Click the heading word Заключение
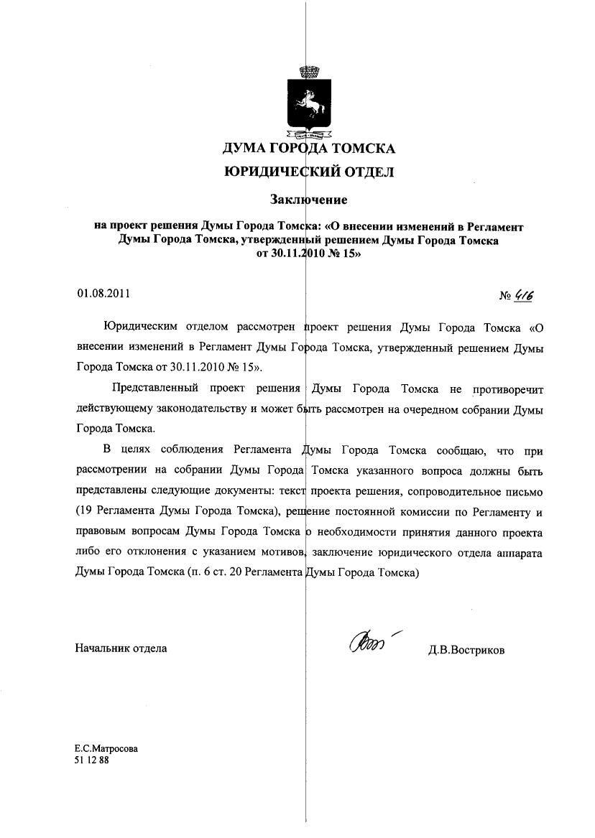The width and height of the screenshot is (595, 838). pos(308,198)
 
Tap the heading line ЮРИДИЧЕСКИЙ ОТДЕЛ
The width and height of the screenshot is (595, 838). pos(309,172)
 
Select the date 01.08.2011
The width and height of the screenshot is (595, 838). pos(104,293)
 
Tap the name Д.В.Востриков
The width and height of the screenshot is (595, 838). pos(466,650)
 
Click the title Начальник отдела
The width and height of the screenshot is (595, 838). pos(121,648)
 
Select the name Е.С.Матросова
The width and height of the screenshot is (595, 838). pos(107,748)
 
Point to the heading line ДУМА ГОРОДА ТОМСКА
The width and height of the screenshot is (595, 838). pos(309,149)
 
